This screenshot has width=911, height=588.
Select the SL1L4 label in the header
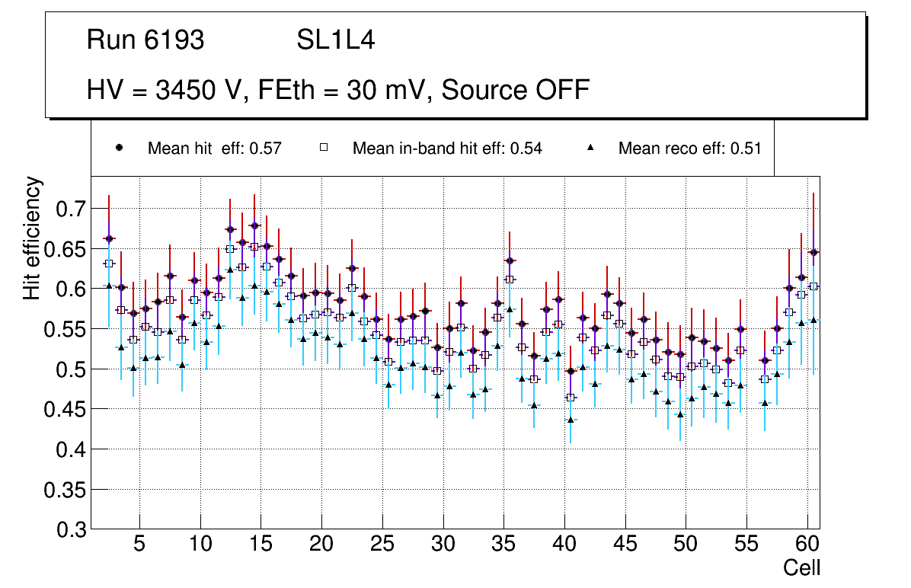coord(335,40)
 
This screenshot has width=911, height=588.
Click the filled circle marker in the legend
coord(119,148)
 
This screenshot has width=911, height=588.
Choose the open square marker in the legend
coord(324,148)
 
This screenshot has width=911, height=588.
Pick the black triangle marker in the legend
coord(591,148)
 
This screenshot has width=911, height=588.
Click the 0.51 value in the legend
coord(746,149)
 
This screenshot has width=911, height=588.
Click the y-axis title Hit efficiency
coord(33,238)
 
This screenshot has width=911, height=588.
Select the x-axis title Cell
coord(801,567)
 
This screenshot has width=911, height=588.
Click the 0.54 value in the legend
coord(526,149)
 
